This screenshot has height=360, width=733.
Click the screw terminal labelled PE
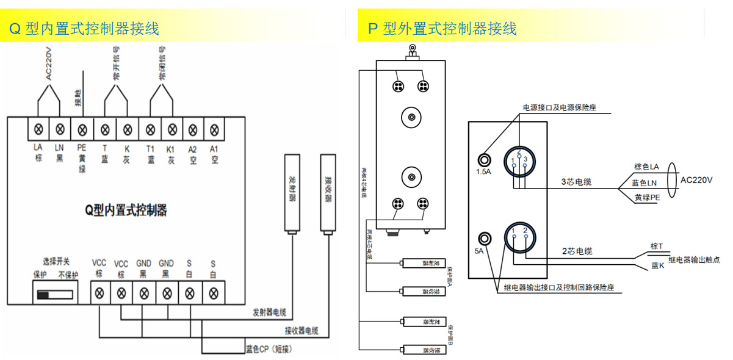[82, 129]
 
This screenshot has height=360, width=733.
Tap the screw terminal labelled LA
[38, 129]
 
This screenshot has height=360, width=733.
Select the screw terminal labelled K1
[172, 129]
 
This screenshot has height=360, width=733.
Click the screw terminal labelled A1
[214, 129]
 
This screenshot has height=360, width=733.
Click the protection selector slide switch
[56, 295]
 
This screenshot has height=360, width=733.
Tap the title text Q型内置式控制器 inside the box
[126, 211]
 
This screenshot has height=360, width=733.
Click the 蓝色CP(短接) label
[267, 350]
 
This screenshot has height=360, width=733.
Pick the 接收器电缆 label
[302, 331]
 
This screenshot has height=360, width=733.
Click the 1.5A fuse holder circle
[485, 159]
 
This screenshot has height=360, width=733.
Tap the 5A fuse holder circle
[485, 238]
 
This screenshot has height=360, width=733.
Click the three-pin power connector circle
[519, 161]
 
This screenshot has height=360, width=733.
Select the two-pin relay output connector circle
[519, 238]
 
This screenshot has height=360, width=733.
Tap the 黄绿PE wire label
[647, 198]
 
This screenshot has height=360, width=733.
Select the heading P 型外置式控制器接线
[442, 29]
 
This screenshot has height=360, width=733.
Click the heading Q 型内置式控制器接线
[84, 29]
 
